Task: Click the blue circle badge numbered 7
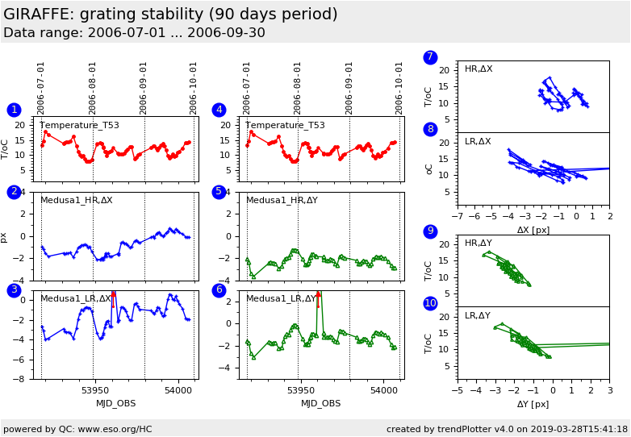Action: point(430,57)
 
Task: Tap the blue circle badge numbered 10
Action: point(430,303)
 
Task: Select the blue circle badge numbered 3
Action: point(14,290)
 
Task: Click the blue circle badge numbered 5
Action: point(219,192)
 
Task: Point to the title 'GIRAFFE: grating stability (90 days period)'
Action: point(170,15)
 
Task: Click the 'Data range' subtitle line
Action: point(134,33)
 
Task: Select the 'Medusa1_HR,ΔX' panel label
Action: point(77,201)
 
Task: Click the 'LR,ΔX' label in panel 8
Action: point(478,142)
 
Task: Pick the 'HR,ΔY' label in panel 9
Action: point(478,243)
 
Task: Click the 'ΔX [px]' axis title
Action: point(533,231)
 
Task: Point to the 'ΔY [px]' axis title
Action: point(533,404)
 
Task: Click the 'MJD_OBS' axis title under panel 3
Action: point(116,403)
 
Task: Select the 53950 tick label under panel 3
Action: point(94,391)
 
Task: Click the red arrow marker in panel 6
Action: point(319,295)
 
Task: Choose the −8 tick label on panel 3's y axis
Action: point(25,379)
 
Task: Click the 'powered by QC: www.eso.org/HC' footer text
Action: point(77,429)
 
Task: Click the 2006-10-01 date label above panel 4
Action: point(399,88)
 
